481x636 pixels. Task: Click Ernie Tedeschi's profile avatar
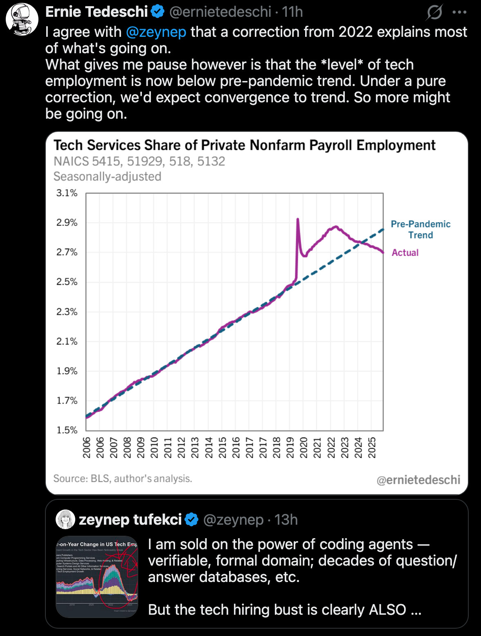22,19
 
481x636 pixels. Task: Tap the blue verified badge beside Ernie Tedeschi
157,12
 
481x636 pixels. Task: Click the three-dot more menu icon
459,12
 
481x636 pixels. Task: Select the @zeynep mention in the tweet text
156,32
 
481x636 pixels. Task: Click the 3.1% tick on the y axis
67,193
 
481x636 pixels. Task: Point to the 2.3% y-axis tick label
67,312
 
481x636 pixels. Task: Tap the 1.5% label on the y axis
67,430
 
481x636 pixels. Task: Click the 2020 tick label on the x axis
303,447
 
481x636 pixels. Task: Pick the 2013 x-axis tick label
195,447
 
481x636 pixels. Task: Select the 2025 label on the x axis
372,447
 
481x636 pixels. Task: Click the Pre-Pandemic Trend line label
420,230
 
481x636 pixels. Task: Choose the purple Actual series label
405,253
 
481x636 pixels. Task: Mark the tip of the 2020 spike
297,219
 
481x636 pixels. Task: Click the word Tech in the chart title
68,145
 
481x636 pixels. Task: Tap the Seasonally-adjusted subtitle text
107,176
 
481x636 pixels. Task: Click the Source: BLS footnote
123,478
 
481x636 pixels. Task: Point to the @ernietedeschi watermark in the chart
418,480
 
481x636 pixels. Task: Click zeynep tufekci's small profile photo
65,520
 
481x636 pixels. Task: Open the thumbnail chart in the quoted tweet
97,576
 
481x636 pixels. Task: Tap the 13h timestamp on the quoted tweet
286,520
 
